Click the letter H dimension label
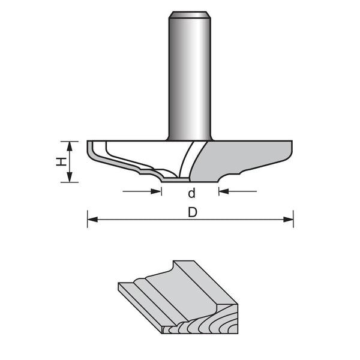[x=61, y=161]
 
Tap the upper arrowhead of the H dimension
[x=70, y=145]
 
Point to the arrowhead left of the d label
[x=158, y=191]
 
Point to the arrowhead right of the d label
[x=223, y=191]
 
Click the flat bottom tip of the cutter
[x=177, y=178]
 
